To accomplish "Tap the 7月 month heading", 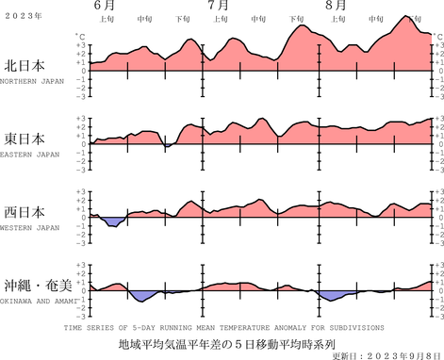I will click(x=217, y=6).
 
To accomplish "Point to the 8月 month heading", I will click(x=335, y=6).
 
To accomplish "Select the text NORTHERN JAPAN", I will click(x=31, y=82).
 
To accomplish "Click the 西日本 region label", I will click(x=25, y=212).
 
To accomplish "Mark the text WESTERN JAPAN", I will click(x=29, y=226).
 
